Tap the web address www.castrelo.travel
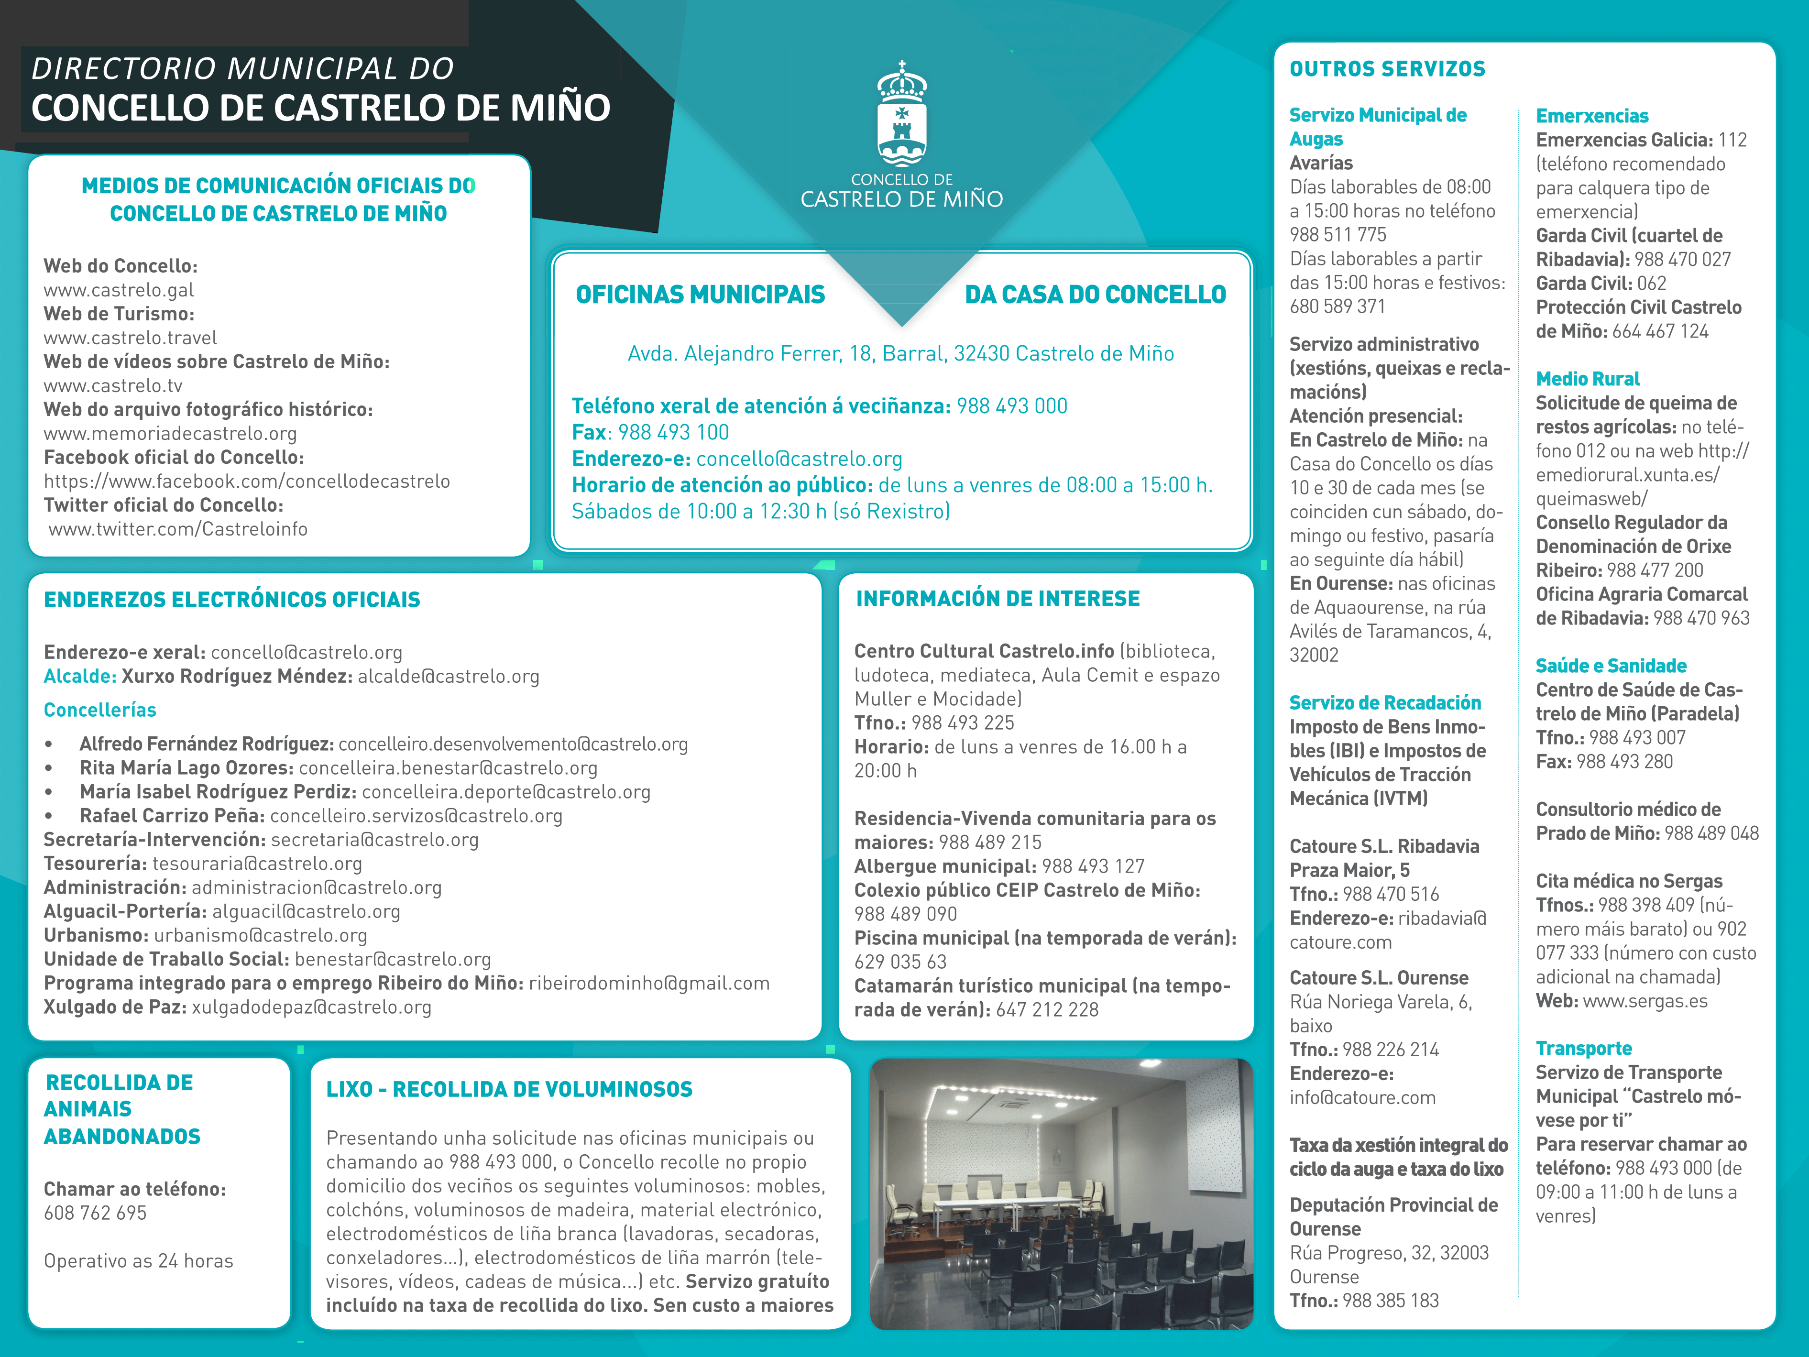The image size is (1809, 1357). click(130, 338)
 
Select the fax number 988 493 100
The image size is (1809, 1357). click(673, 433)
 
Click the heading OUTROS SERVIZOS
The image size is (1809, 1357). click(1387, 69)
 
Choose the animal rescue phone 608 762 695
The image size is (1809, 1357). click(95, 1213)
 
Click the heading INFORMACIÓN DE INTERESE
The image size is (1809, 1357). click(997, 599)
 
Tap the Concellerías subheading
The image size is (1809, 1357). click(100, 710)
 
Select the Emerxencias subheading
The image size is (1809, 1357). click(1591, 116)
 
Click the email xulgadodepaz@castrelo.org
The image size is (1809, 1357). click(312, 1007)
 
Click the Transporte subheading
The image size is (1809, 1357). click(1583, 1049)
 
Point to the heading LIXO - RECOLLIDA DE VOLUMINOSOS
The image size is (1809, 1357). click(509, 1090)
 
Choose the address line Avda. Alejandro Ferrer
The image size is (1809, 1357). click(900, 353)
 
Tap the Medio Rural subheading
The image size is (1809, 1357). click(1588, 379)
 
